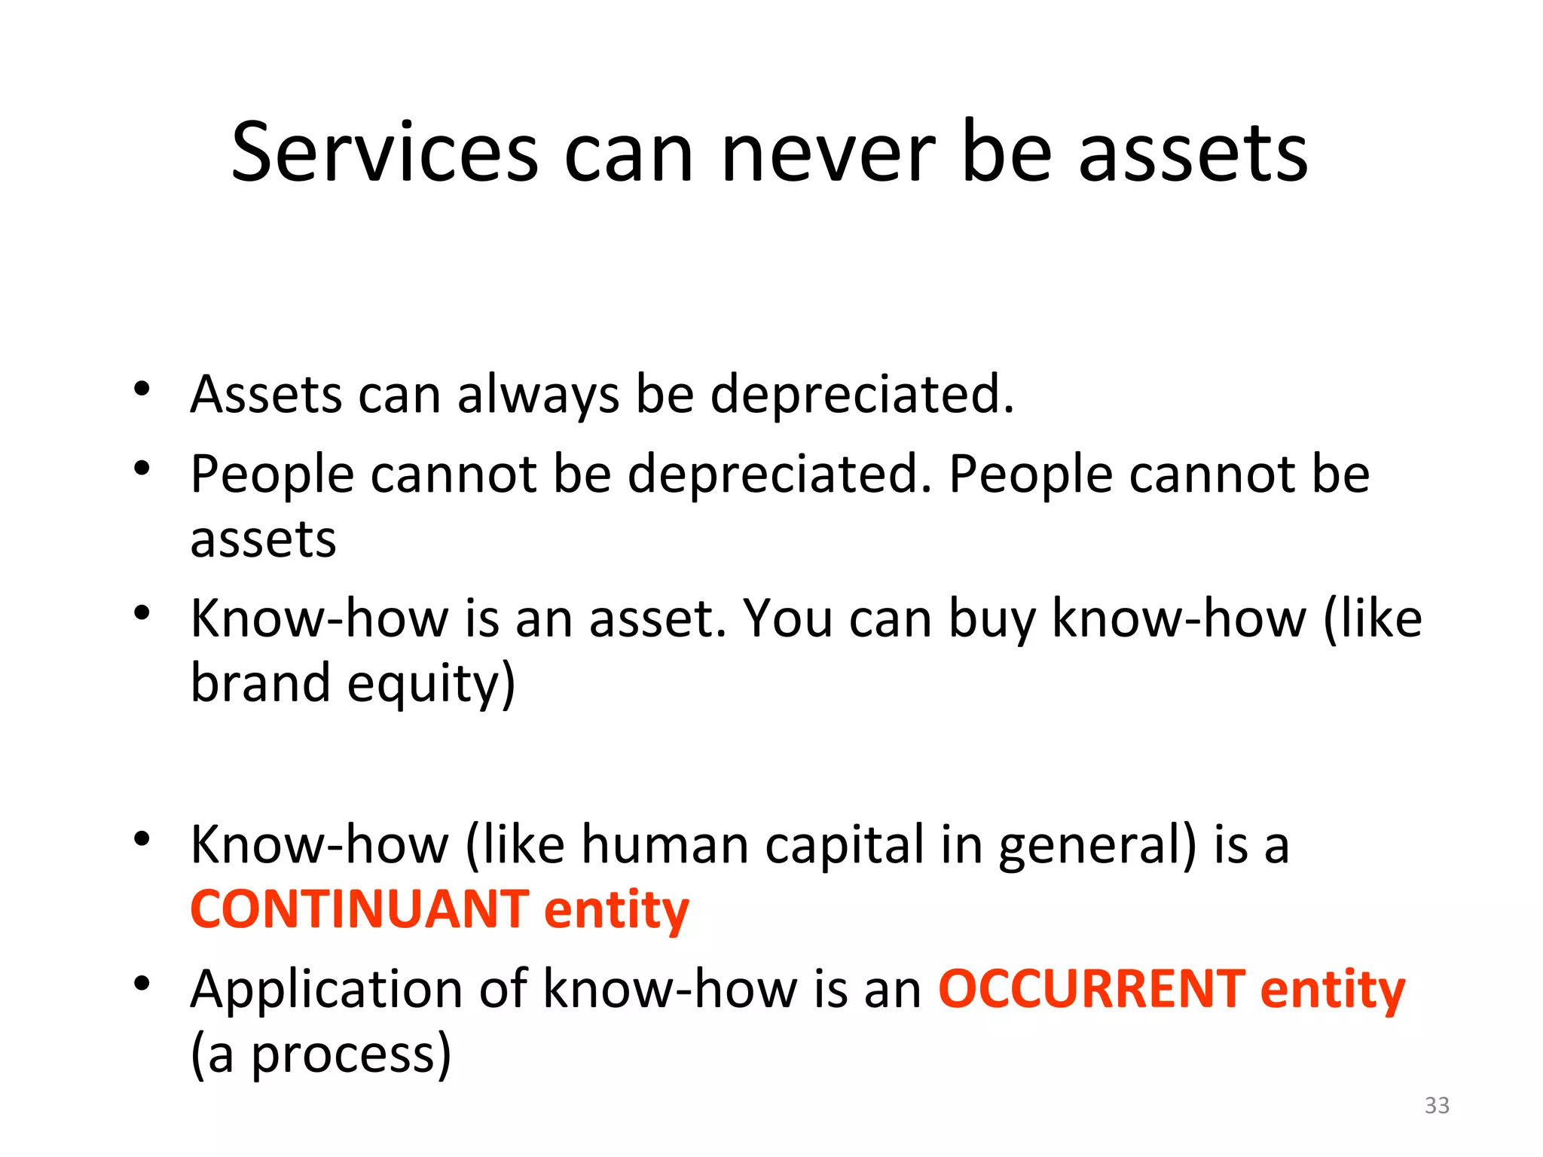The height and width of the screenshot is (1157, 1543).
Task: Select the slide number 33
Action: click(1437, 1105)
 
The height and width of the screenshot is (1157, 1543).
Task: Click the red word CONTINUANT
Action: click(359, 909)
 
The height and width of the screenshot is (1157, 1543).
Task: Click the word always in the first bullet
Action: click(538, 395)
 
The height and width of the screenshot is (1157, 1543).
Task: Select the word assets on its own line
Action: click(263, 539)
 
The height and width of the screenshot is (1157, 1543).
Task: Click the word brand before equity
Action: click(260, 682)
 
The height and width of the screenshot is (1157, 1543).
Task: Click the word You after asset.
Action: click(787, 618)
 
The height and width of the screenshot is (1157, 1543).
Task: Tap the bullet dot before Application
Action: click(142, 984)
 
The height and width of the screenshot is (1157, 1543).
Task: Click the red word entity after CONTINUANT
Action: click(616, 910)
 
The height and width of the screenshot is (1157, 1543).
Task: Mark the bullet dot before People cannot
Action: click(142, 469)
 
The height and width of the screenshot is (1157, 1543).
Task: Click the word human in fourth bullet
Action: click(665, 845)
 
